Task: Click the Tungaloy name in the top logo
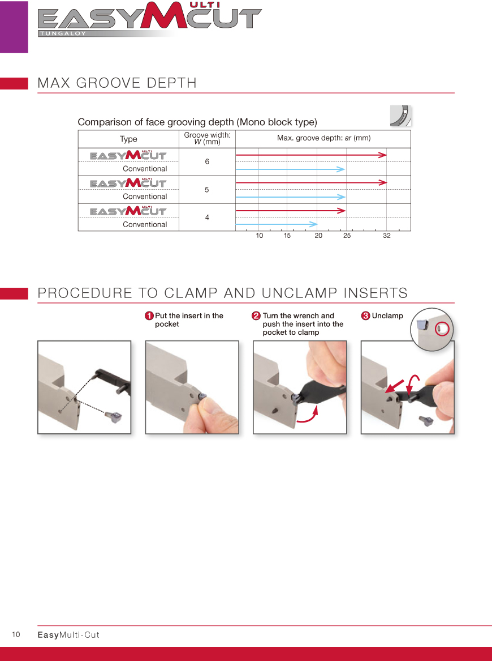63,33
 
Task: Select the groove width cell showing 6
207,161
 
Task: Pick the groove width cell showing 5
207,190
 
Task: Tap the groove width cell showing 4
207,218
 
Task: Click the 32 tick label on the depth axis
387,236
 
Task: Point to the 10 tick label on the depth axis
259,236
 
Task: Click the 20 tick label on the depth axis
318,236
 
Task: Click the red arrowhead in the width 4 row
342,210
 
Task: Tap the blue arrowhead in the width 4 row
313,224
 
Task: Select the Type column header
128,139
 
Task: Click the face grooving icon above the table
401,116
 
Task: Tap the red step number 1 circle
149,315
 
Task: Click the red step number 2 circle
256,315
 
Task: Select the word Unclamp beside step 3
387,315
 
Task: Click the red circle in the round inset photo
442,329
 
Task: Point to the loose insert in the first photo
114,417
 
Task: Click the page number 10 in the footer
16,634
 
